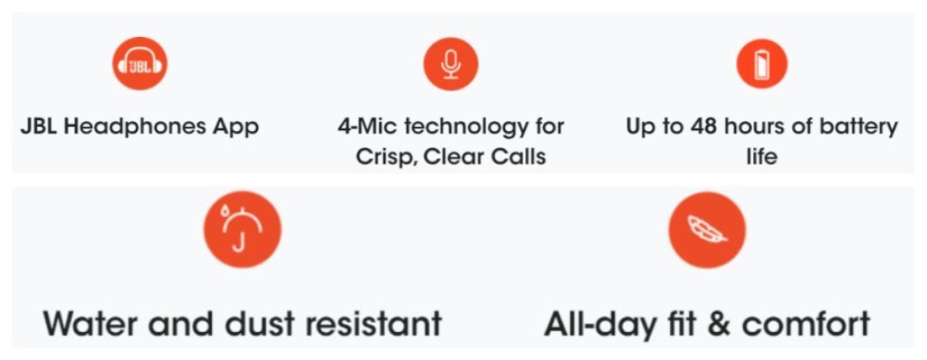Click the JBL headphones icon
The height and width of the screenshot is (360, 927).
tap(139, 63)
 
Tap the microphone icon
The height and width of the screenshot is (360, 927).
tap(451, 63)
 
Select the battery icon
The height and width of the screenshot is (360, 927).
tap(762, 63)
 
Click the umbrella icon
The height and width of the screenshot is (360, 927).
tap(242, 229)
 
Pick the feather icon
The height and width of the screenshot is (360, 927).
tap(707, 229)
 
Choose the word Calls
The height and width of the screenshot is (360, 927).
tap(520, 157)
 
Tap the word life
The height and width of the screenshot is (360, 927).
tap(761, 157)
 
